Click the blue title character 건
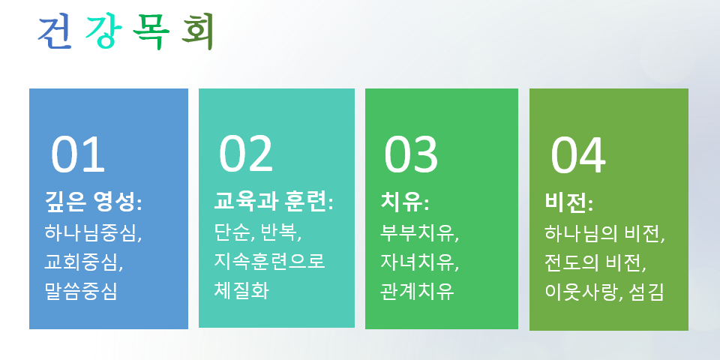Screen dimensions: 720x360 55,32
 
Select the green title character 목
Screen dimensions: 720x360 151,32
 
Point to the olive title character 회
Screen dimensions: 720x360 198,32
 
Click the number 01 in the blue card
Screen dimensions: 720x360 78,154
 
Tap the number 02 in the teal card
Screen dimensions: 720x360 246,154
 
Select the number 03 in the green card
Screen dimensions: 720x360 411,154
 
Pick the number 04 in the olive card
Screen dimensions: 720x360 578,156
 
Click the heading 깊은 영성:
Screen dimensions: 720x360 94,202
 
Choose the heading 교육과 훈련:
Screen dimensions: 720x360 274,202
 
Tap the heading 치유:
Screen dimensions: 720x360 404,202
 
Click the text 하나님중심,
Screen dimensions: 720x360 93,232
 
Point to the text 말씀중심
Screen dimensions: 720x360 81,292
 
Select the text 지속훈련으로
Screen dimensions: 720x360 269,261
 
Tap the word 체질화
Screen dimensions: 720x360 241,291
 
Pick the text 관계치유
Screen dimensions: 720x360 417,292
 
